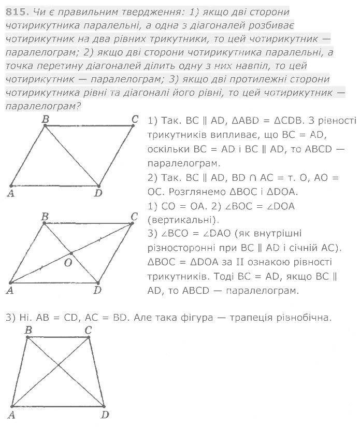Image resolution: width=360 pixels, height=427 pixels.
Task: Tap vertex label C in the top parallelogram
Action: (135, 119)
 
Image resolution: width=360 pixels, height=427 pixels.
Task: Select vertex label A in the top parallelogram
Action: (10, 193)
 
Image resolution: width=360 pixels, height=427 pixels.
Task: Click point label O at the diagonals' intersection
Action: (68, 262)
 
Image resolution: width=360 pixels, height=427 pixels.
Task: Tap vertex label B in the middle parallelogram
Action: (45, 217)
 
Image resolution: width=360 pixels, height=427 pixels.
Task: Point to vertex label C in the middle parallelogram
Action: (134, 216)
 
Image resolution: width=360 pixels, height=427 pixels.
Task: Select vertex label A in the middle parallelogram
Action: (9, 291)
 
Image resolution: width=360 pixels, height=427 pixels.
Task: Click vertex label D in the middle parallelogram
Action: (97, 290)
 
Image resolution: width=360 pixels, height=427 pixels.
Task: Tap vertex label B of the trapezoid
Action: (28, 330)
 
